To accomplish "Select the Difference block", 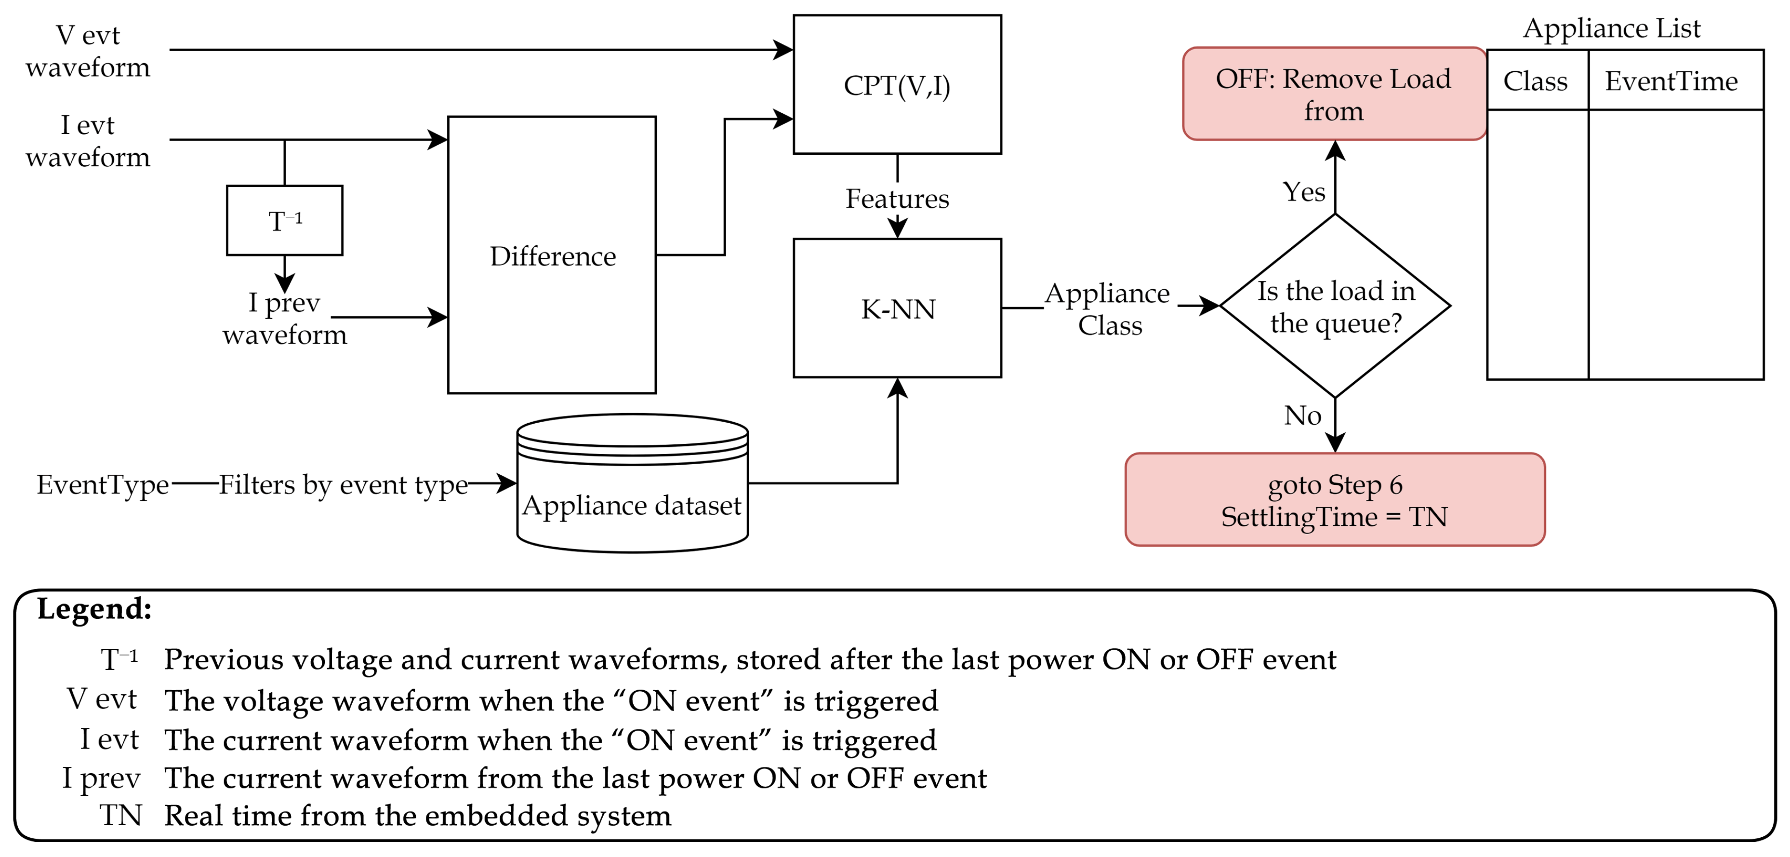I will pyautogui.click(x=552, y=255).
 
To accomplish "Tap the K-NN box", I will pyautogui.click(x=897, y=308).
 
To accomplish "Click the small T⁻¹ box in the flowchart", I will pyautogui.click(x=284, y=220).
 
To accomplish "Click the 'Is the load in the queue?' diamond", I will pyautogui.click(x=1335, y=306).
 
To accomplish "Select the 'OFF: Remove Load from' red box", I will pyautogui.click(x=1334, y=94).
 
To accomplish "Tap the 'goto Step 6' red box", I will pyautogui.click(x=1334, y=500).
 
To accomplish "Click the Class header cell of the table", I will pyautogui.click(x=1536, y=80).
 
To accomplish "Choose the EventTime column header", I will pyautogui.click(x=1671, y=80).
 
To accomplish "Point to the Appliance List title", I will pyautogui.click(x=1611, y=28).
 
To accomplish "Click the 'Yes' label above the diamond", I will pyautogui.click(x=1303, y=191).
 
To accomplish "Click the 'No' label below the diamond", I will pyautogui.click(x=1302, y=415).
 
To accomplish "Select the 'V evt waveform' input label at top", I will pyautogui.click(x=88, y=51).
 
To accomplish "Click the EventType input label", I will pyautogui.click(x=102, y=484).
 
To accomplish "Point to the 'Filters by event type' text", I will pyautogui.click(x=343, y=484).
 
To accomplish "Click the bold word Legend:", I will pyautogui.click(x=94, y=608).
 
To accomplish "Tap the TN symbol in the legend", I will pyautogui.click(x=120, y=815).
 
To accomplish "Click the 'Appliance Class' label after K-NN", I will pyautogui.click(x=1108, y=308).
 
